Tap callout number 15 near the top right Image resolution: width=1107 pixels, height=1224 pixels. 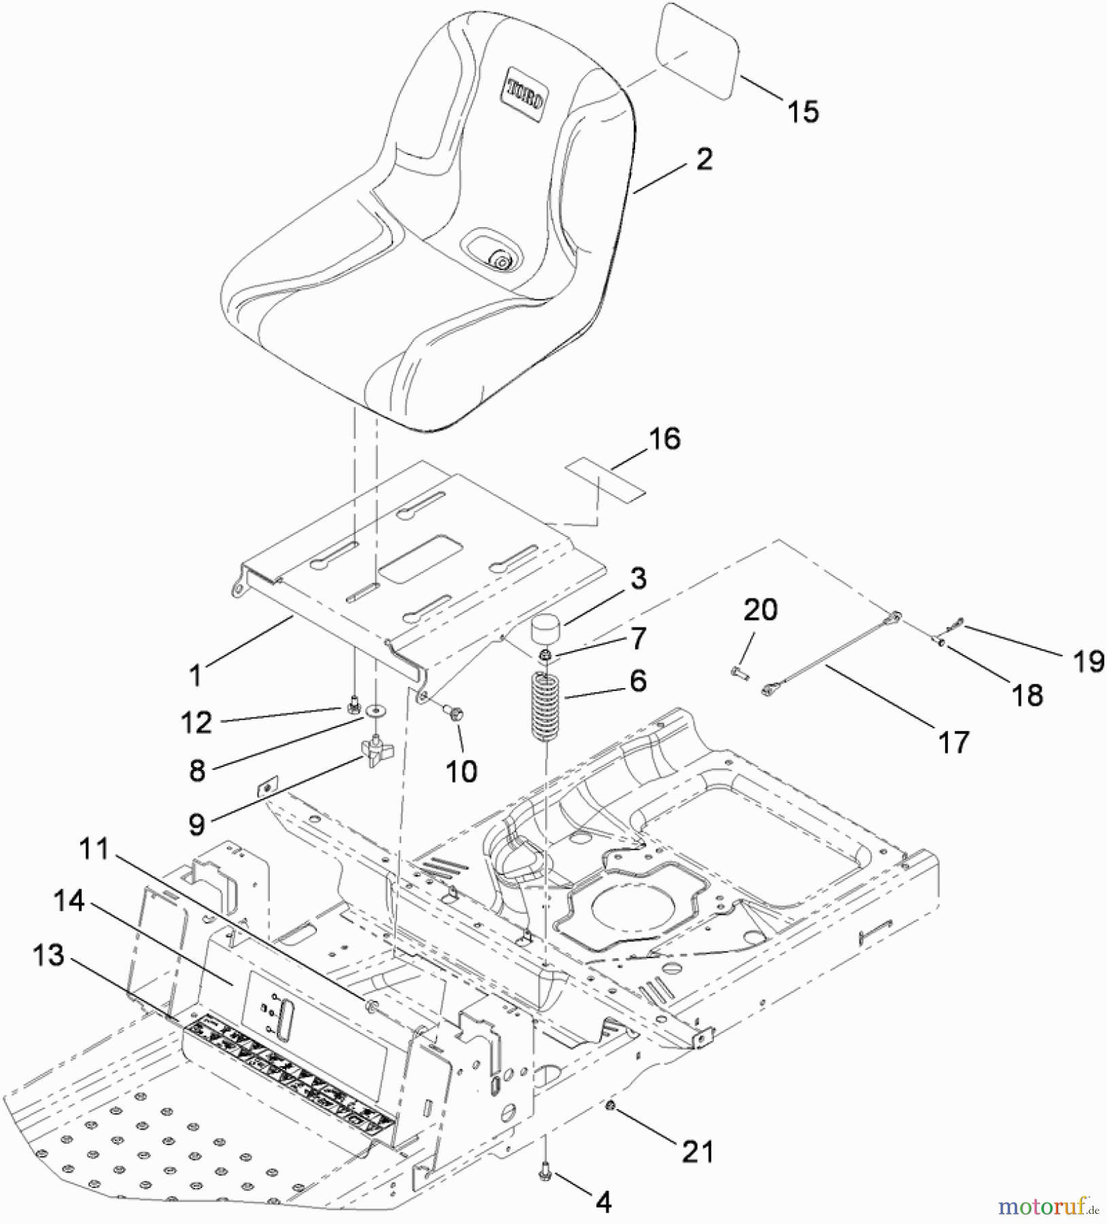point(803,112)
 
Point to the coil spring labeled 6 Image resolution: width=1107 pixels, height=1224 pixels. point(548,707)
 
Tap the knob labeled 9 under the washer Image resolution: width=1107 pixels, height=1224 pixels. point(372,751)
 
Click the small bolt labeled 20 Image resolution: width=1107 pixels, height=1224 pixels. point(740,673)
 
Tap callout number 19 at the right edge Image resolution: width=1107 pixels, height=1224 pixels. point(1089,661)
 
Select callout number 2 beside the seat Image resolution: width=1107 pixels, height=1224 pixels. point(704,159)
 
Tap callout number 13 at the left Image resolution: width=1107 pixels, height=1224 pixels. point(48,955)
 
